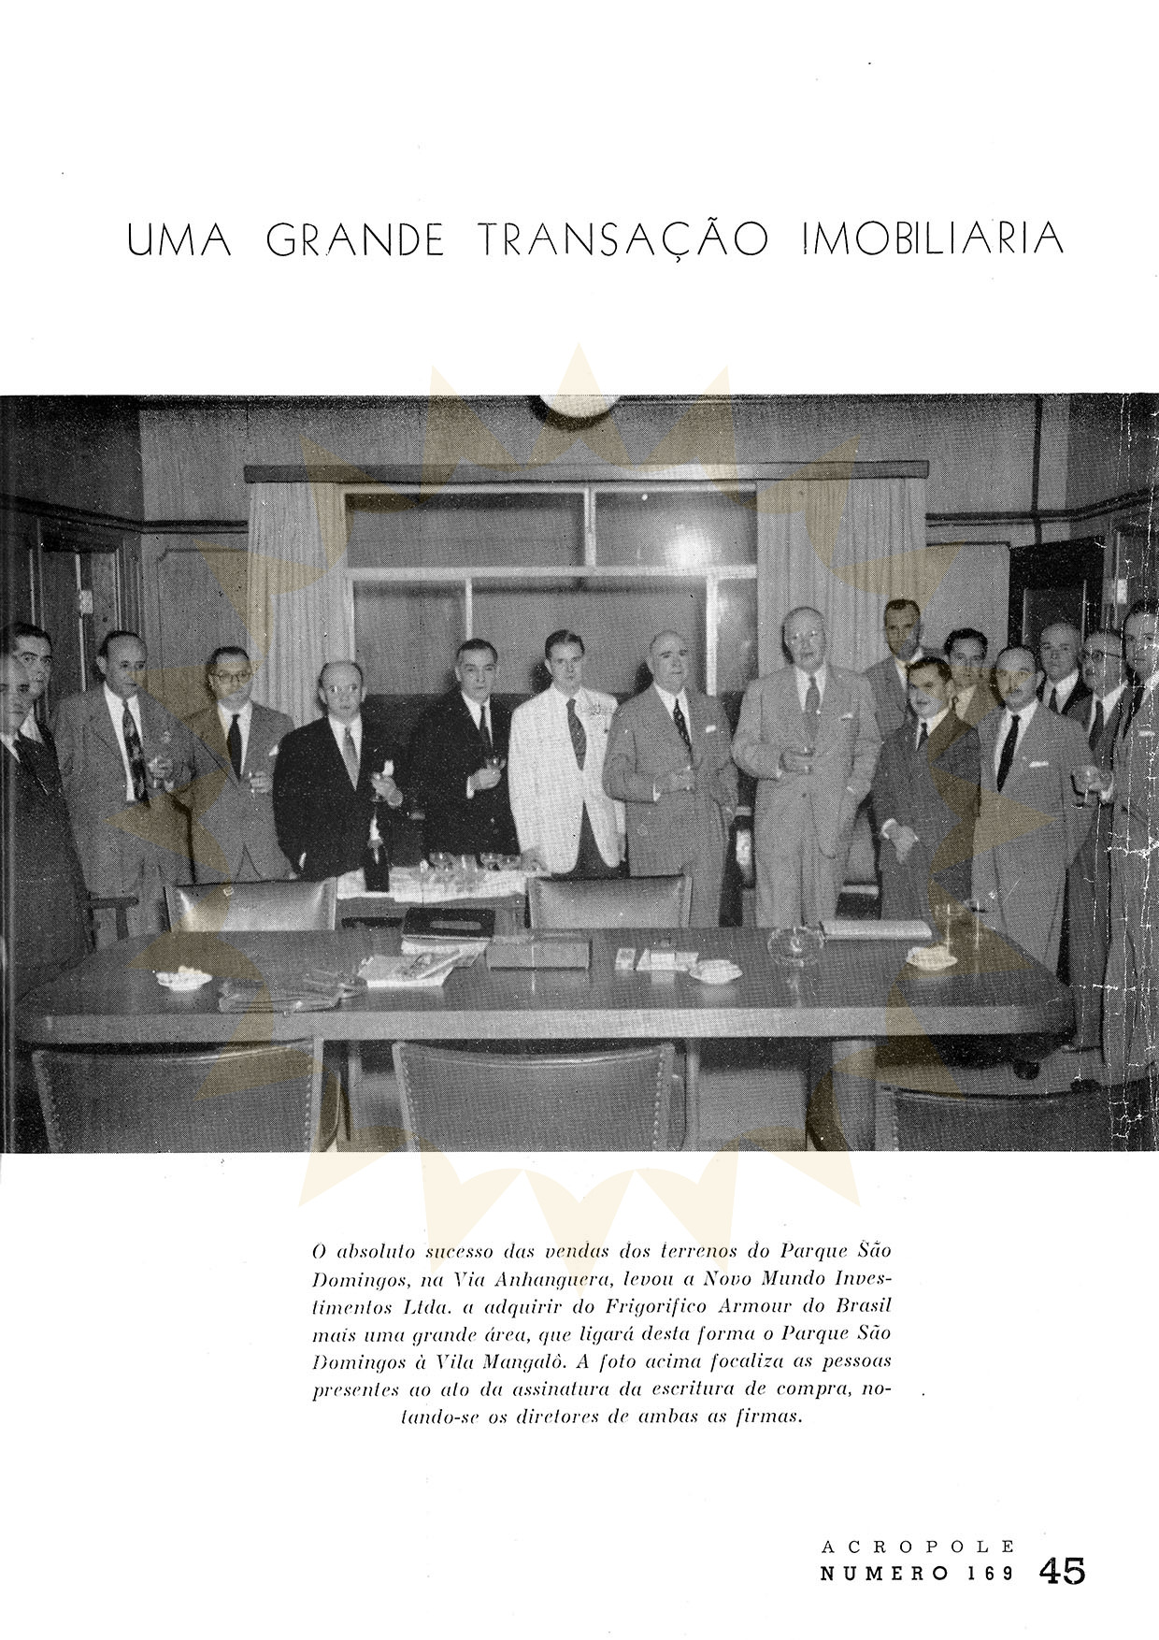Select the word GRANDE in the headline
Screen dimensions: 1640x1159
(x=355, y=240)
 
